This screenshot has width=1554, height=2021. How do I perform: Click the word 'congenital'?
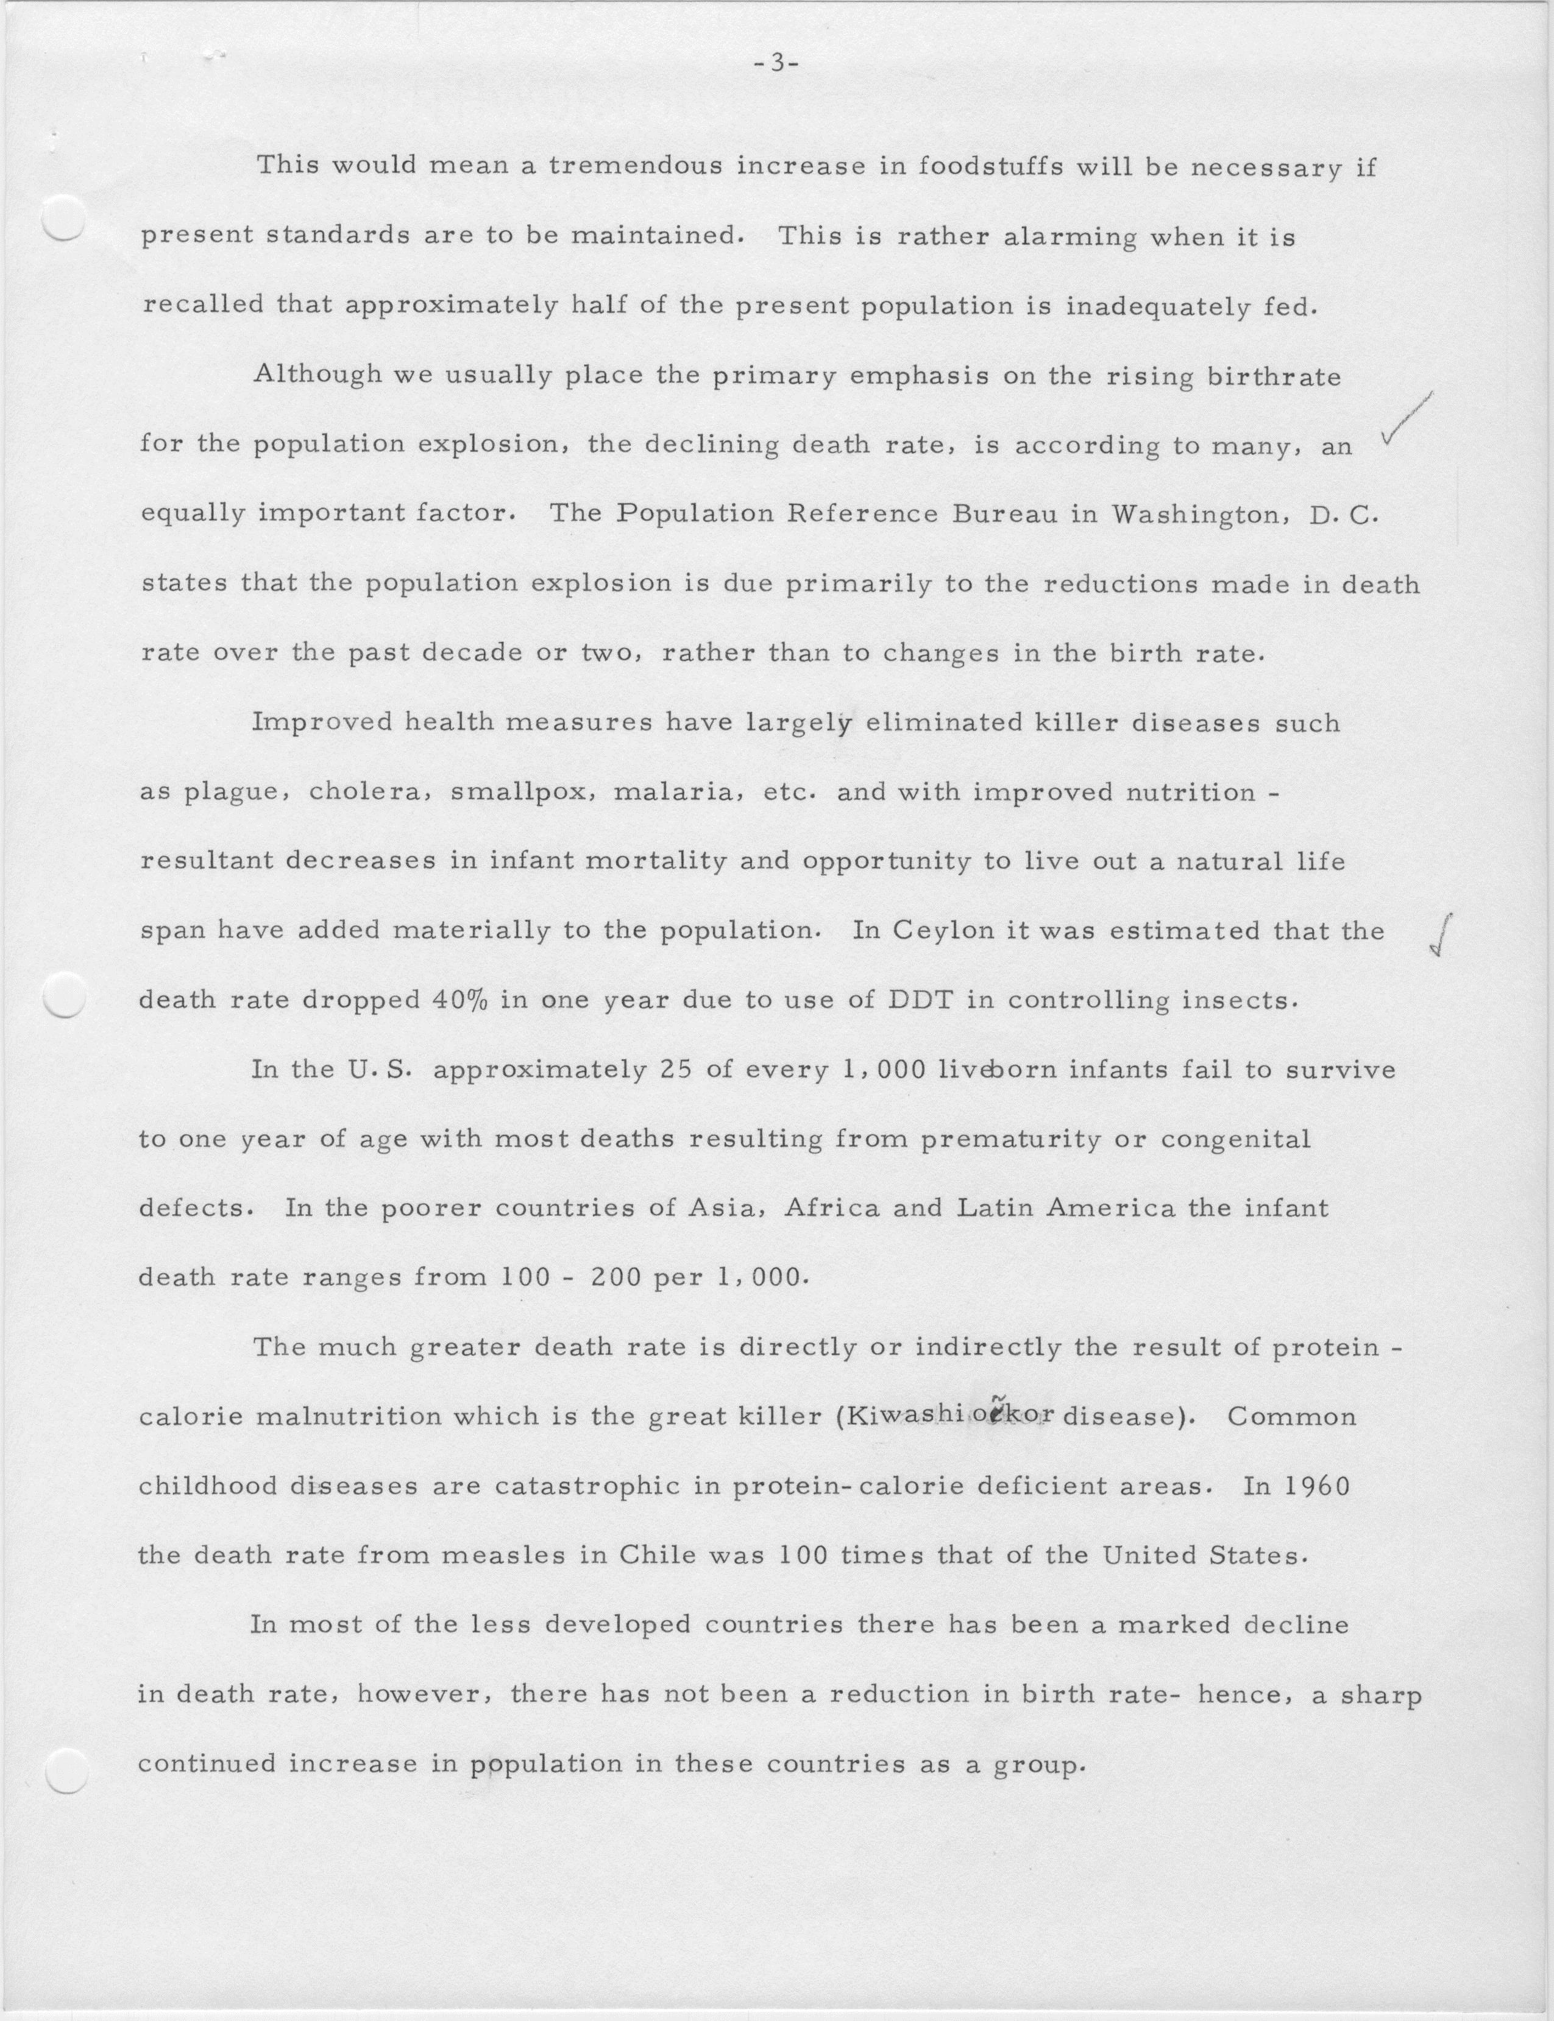point(1236,1139)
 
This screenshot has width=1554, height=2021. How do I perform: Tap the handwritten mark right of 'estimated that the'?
point(1441,936)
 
